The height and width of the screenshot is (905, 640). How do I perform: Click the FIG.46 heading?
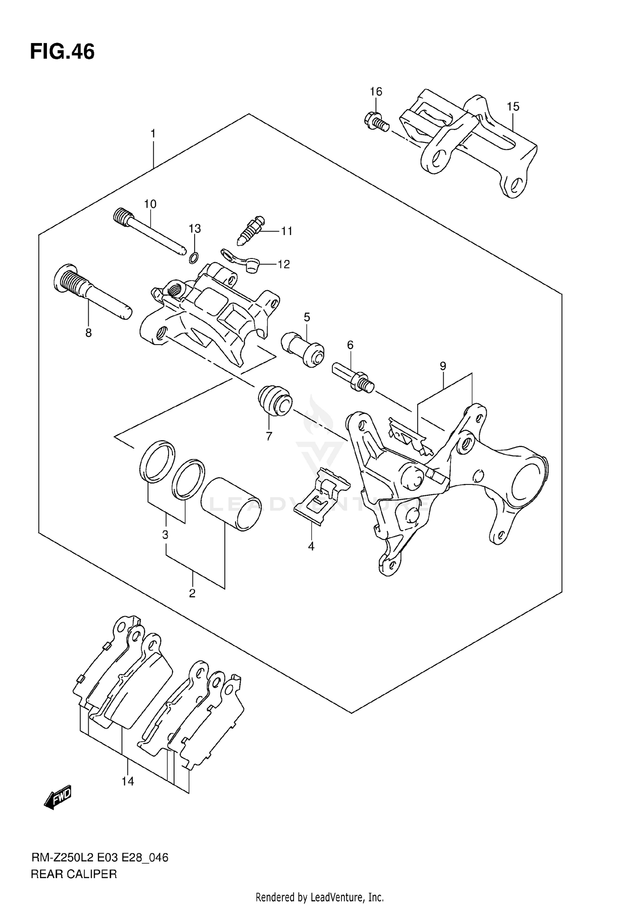[x=62, y=52]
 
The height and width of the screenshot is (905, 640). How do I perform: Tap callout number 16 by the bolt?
[x=376, y=92]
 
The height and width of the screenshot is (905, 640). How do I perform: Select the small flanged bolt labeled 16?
[x=377, y=122]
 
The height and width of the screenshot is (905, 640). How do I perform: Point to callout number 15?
[x=513, y=107]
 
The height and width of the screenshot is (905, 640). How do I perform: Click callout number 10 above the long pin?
[x=150, y=204]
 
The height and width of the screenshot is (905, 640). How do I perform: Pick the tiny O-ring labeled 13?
[x=194, y=257]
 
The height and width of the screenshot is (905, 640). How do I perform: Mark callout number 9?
[x=443, y=366]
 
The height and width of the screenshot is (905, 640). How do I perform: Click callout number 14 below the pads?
[x=128, y=781]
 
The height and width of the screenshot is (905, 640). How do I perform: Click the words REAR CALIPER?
[x=74, y=874]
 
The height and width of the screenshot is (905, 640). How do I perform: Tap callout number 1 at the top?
[x=153, y=134]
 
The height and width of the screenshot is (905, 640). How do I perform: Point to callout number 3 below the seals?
[x=165, y=535]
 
